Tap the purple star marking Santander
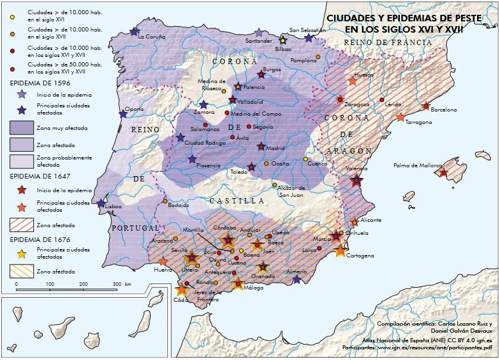[x=258, y=33]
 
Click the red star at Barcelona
[x=426, y=106]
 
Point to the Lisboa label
[x=113, y=206]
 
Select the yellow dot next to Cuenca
[x=306, y=159]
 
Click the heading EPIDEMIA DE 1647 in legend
[x=38, y=176]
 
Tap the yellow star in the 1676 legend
[x=21, y=254]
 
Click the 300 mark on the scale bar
[x=117, y=285]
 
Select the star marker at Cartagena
[x=341, y=250]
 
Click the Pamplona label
[x=304, y=60]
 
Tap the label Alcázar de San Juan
[x=291, y=191]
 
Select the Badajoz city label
[x=178, y=205]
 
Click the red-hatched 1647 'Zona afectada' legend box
[x=22, y=225]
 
